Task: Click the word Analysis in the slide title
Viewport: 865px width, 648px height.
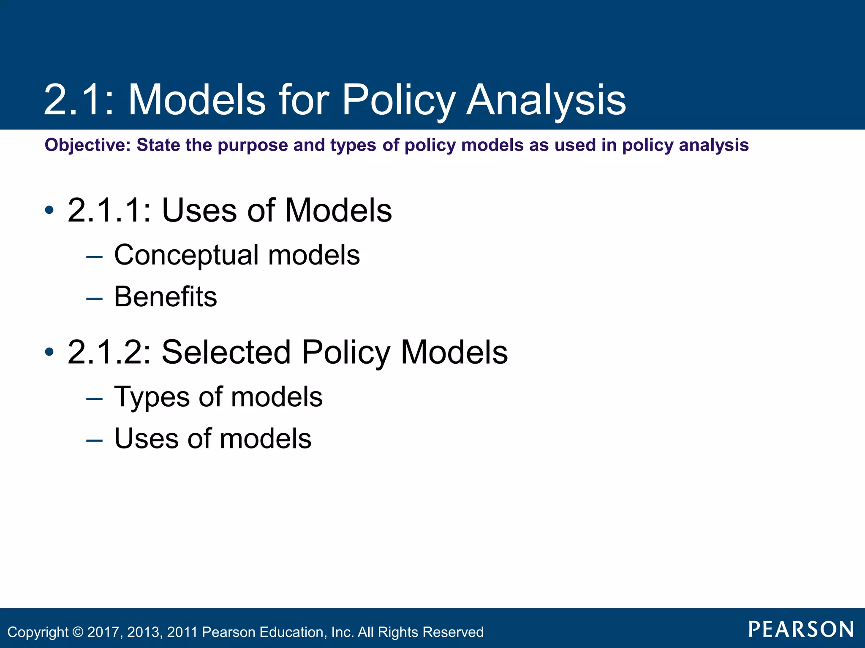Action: [546, 100]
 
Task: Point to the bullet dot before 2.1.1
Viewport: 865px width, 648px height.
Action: [49, 210]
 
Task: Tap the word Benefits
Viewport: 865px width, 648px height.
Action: [166, 297]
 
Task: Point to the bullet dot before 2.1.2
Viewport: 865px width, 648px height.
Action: [49, 351]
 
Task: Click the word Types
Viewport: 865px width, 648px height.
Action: [152, 397]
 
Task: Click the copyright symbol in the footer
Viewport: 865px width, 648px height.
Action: [78, 632]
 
